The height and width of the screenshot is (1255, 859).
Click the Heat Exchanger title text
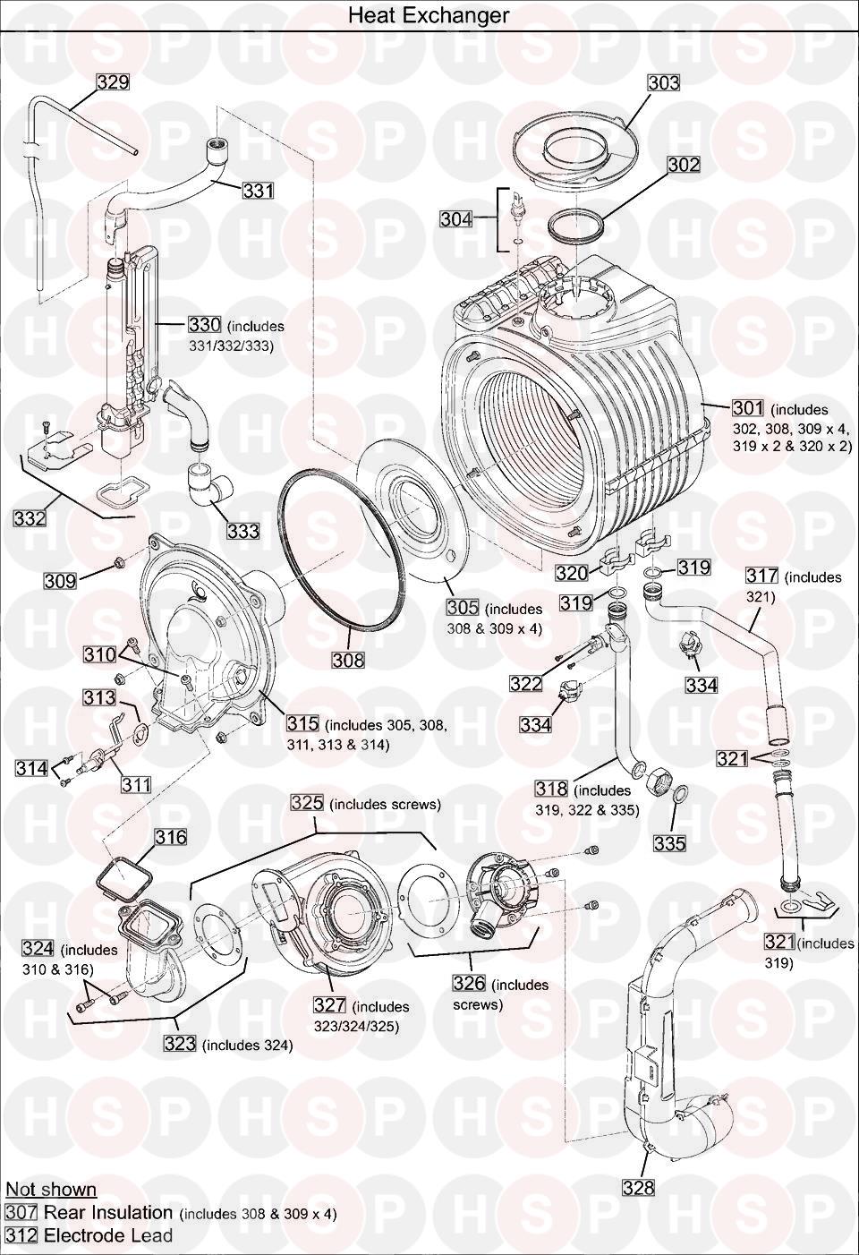[x=429, y=15]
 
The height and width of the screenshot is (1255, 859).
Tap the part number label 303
[x=663, y=83]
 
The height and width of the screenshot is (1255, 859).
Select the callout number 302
[x=683, y=165]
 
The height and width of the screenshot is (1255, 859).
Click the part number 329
[x=113, y=82]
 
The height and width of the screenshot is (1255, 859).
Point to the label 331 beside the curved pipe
[x=258, y=191]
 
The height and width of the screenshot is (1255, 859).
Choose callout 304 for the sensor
[x=455, y=218]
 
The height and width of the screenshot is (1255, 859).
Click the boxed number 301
[x=748, y=408]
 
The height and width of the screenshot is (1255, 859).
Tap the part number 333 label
[x=242, y=531]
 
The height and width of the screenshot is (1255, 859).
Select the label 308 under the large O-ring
[x=348, y=661]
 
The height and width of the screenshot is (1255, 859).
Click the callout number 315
[x=303, y=723]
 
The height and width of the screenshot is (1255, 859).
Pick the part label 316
[x=171, y=837]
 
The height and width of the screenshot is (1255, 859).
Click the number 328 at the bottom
[x=638, y=1188]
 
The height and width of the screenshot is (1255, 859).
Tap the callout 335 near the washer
[x=669, y=843]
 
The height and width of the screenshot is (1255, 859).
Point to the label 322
[x=526, y=684]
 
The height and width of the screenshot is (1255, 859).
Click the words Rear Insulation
[x=108, y=1213]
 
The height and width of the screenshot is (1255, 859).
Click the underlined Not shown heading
[x=51, y=1190]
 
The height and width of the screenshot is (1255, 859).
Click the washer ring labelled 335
[x=680, y=795]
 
